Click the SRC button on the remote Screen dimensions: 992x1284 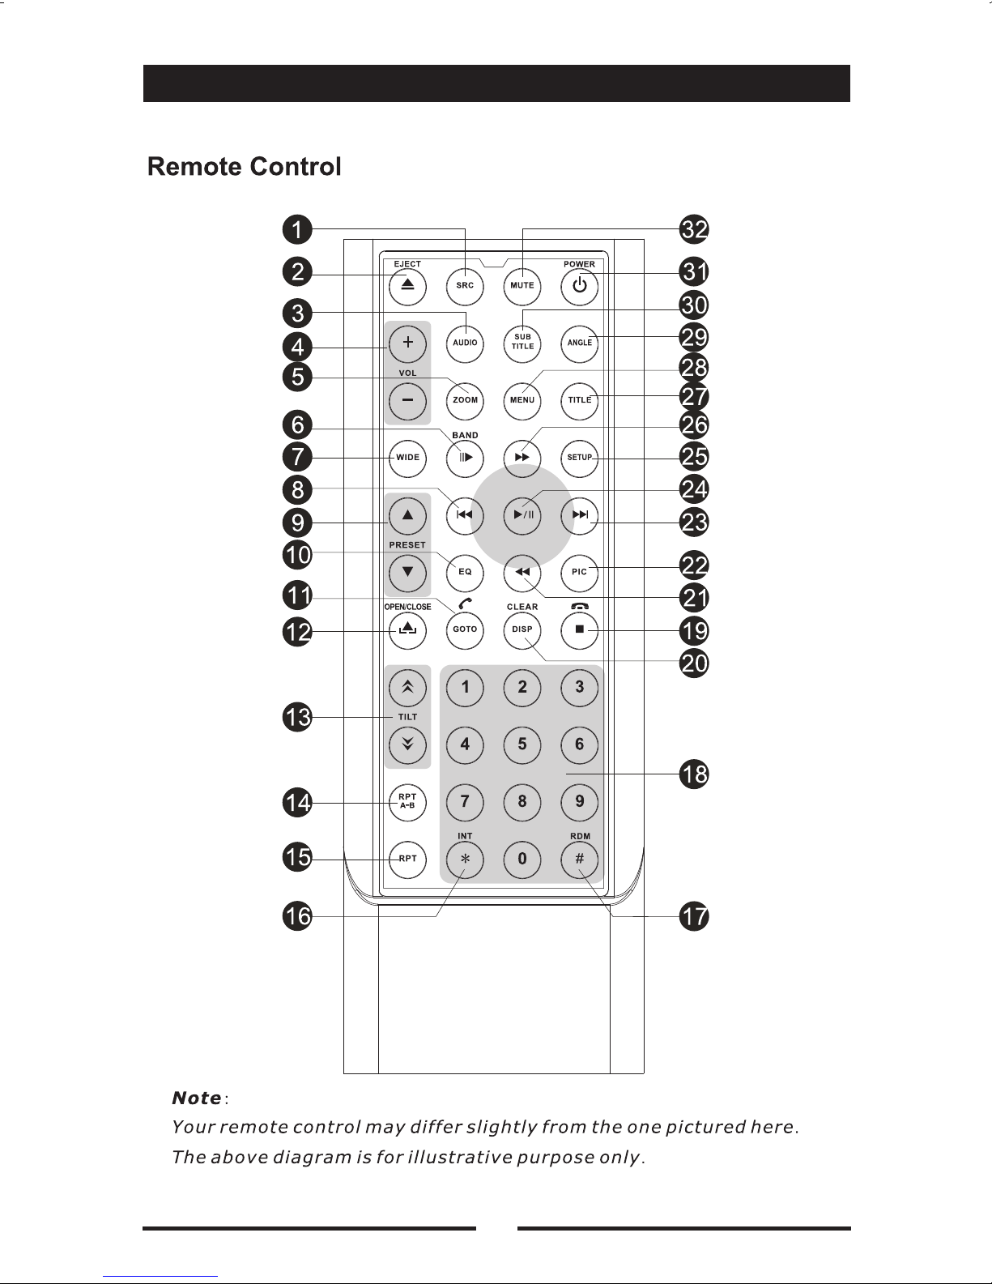[465, 286]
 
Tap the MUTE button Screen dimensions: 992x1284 [522, 286]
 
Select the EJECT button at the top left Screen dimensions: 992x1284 [407, 286]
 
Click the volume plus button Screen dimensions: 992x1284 [407, 343]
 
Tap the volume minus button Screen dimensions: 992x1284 [407, 401]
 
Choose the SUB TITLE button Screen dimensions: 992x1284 [522, 343]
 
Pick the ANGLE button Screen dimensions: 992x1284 [579, 343]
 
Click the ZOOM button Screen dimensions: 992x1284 [465, 401]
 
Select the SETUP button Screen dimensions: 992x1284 [579, 458]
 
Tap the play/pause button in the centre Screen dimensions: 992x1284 [522, 515]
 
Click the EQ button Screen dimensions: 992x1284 [465, 573]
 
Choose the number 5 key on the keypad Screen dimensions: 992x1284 [522, 744]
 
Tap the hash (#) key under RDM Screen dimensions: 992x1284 [579, 860]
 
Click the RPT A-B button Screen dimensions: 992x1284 [407, 802]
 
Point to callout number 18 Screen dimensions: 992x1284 [694, 774]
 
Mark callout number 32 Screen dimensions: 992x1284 [694, 229]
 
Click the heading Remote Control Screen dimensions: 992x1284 [244, 167]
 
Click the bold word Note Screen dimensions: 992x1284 [197, 1098]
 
